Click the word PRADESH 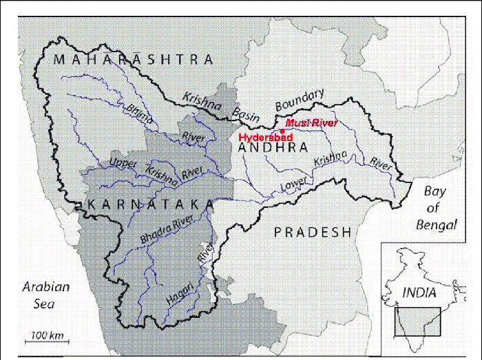click(313, 232)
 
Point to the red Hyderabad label click(266, 138)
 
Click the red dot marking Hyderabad click(282, 130)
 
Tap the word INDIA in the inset click(419, 293)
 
